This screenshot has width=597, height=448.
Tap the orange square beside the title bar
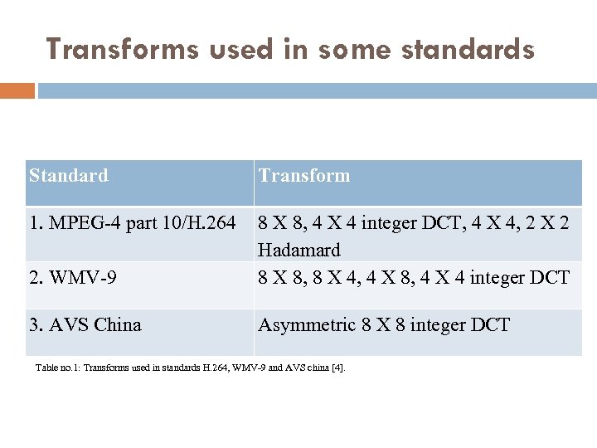tap(17, 90)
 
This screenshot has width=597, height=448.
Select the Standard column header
tap(69, 176)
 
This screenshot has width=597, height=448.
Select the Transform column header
tap(304, 176)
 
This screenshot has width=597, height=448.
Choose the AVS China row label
tap(85, 324)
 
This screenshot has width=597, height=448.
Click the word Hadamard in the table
tap(299, 250)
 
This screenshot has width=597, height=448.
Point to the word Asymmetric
tap(305, 324)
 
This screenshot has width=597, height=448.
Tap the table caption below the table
tap(190, 367)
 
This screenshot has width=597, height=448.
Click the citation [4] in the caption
tap(337, 367)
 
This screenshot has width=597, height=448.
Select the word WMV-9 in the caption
tap(244, 367)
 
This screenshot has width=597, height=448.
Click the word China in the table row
tap(118, 324)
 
